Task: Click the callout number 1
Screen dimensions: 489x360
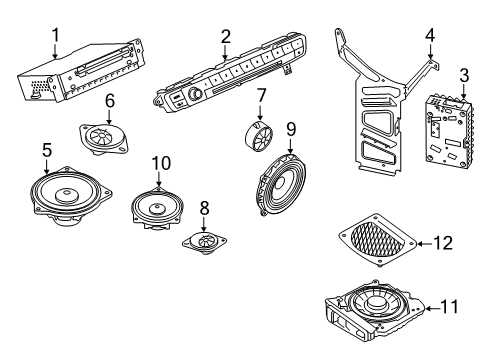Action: (x=56, y=35)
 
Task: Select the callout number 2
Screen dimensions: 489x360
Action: (x=226, y=37)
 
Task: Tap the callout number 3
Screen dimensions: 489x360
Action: (x=464, y=75)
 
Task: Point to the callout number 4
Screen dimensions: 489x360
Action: (x=430, y=35)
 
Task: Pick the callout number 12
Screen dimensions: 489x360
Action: (x=443, y=243)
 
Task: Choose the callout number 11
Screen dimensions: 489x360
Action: (x=449, y=307)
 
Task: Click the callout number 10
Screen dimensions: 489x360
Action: (x=161, y=163)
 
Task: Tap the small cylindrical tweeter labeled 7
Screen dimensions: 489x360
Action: (x=259, y=135)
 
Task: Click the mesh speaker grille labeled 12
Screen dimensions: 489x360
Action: (x=378, y=240)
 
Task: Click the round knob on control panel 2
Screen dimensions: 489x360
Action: (x=195, y=94)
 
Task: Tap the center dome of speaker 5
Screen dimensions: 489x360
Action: (x=66, y=194)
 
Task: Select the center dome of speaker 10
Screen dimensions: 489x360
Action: (x=157, y=209)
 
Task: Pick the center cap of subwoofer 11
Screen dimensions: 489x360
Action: (x=376, y=302)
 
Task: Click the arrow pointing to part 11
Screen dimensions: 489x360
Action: (x=432, y=309)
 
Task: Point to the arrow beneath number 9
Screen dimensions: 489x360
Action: (x=290, y=146)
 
